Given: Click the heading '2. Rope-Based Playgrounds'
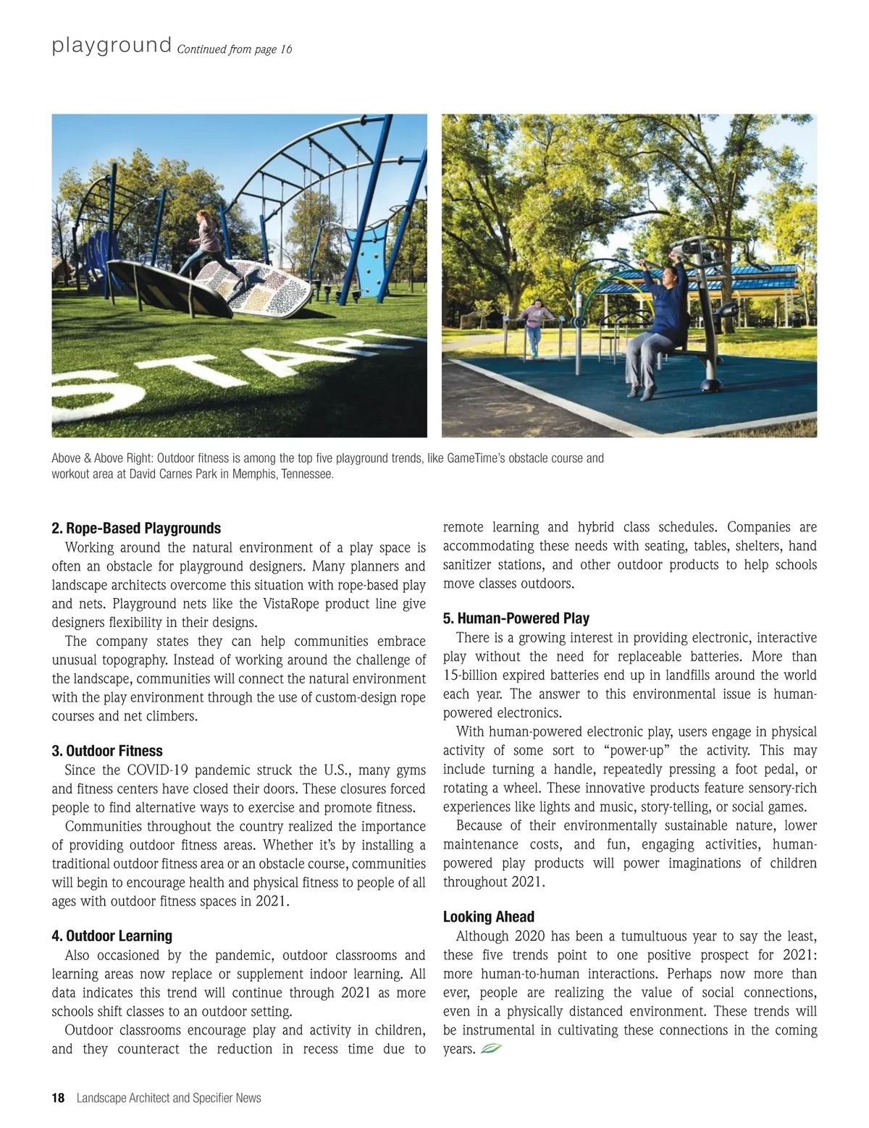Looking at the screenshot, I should coord(136,529).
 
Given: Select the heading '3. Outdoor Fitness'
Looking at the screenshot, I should coord(107,752).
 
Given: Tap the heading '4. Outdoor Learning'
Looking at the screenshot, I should coord(112,936).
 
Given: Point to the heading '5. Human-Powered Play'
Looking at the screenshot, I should coord(516,618).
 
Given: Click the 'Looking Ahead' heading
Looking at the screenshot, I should coord(488,917).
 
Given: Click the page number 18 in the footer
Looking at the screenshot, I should coord(58,1098).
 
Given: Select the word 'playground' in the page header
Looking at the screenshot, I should coord(112,46).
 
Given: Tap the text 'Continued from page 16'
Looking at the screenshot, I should coord(235,49).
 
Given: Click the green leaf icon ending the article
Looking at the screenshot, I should coord(490,1049).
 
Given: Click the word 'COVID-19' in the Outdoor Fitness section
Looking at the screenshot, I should coord(157,770).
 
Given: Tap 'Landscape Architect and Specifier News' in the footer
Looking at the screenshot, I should coord(168,1098).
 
